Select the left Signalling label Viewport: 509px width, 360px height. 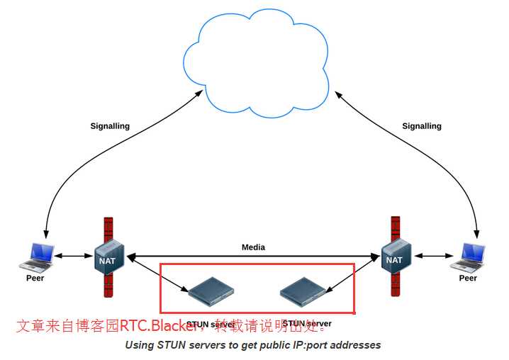[x=110, y=126]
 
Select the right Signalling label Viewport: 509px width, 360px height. [x=422, y=126]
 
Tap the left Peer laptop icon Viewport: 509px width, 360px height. [x=37, y=257]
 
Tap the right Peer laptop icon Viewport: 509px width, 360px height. [x=469, y=257]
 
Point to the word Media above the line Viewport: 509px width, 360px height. [x=253, y=247]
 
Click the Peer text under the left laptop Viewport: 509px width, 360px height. [x=35, y=278]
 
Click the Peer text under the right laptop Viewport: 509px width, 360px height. [x=468, y=278]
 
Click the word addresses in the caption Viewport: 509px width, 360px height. [x=357, y=345]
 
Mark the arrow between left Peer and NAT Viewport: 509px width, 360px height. [x=74, y=256]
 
